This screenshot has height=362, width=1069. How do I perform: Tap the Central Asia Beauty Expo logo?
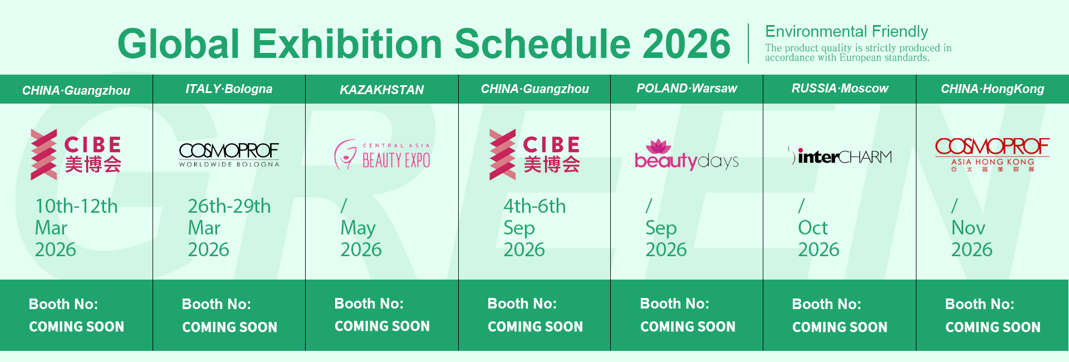[382, 155]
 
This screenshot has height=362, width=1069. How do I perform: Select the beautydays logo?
[686, 155]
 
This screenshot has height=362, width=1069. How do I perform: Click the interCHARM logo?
[840, 155]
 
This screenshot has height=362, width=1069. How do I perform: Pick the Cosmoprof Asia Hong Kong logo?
[992, 155]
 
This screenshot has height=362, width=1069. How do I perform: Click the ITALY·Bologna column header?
[229, 89]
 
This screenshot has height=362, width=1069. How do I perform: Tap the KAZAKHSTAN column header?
[382, 90]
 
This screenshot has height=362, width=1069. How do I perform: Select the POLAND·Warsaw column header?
[686, 89]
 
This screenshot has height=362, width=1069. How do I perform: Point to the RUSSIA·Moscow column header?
[840, 89]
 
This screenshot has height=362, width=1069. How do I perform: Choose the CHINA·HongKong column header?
[992, 89]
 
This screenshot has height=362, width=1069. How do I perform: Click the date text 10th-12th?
[76, 206]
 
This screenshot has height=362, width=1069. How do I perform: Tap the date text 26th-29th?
[229, 206]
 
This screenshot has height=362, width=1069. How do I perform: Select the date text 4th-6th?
[534, 206]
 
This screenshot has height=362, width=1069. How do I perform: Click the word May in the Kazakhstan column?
[358, 228]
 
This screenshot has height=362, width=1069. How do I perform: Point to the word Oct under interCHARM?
[813, 228]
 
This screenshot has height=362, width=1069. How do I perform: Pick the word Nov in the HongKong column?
[968, 228]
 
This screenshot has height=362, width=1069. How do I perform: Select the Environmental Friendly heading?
[846, 31]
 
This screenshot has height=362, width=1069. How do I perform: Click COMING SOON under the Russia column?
[840, 327]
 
